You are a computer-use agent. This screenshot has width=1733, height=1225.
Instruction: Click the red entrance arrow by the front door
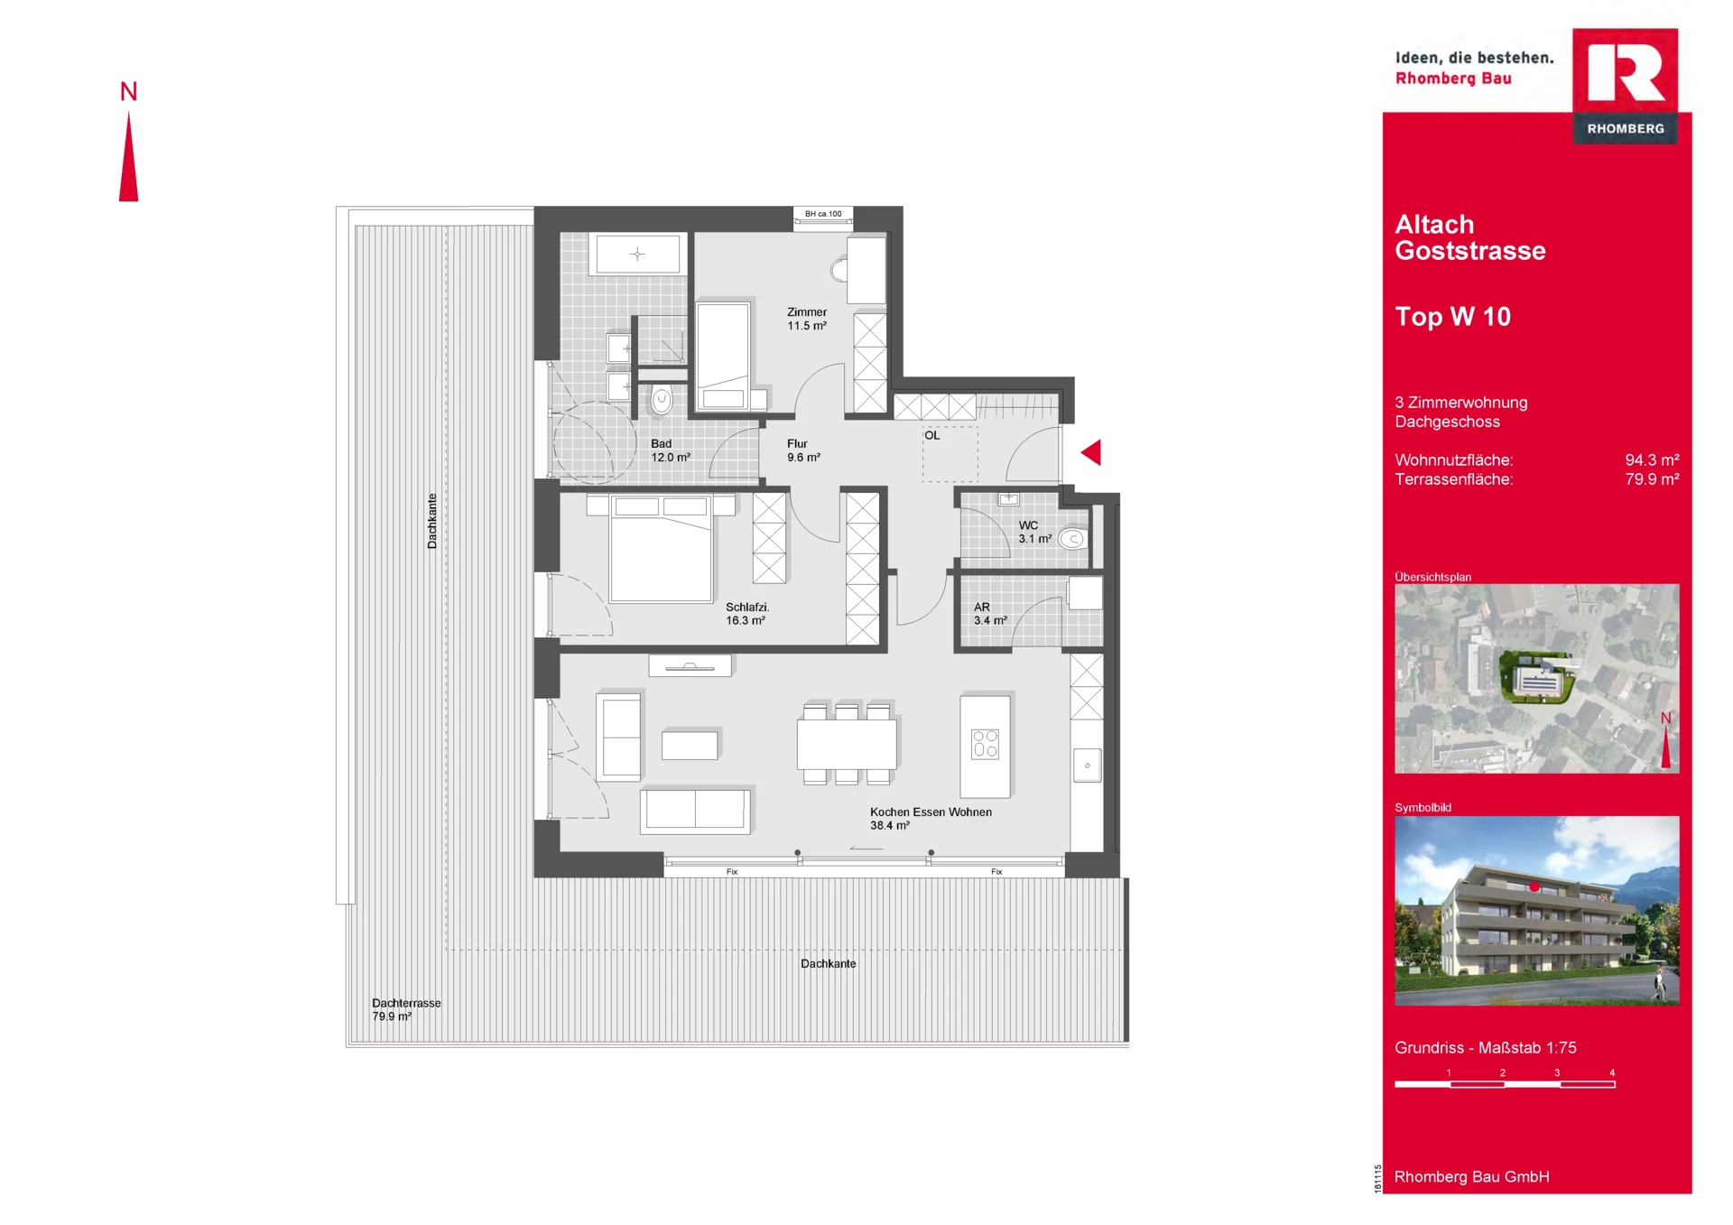tap(1091, 452)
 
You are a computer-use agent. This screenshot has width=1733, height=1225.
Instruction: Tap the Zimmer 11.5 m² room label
tap(807, 319)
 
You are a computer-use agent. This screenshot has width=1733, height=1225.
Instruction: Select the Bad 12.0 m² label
tap(671, 450)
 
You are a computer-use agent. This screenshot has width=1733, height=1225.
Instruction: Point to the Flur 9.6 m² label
tap(803, 450)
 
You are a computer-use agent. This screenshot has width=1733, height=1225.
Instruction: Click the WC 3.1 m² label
tap(1035, 532)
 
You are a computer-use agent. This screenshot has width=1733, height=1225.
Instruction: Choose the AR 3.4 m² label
tap(990, 614)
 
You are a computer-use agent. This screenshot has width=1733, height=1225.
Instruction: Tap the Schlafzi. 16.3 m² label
tap(747, 614)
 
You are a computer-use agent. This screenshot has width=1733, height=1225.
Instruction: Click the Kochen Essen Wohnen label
tap(931, 812)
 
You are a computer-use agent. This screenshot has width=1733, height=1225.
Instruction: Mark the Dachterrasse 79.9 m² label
tap(406, 1009)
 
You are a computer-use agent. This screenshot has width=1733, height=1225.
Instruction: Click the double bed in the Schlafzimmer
tap(662, 549)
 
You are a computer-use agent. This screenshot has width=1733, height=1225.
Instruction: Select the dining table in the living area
tap(847, 744)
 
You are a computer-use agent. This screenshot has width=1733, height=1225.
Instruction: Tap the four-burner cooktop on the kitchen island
tap(985, 745)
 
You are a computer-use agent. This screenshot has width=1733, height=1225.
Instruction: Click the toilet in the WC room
tap(1072, 539)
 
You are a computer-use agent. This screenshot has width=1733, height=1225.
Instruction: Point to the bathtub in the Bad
tap(637, 254)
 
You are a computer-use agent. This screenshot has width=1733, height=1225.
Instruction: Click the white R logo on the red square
tap(1626, 70)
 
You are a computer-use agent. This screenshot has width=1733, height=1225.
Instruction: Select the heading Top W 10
tap(1452, 317)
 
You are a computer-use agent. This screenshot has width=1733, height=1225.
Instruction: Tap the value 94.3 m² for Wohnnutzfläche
tap(1652, 460)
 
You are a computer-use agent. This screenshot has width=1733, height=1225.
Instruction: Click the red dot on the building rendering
tap(1534, 886)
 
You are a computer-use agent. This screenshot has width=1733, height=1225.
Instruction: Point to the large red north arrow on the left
tap(129, 156)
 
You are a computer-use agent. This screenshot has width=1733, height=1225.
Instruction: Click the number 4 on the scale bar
tap(1612, 1072)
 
